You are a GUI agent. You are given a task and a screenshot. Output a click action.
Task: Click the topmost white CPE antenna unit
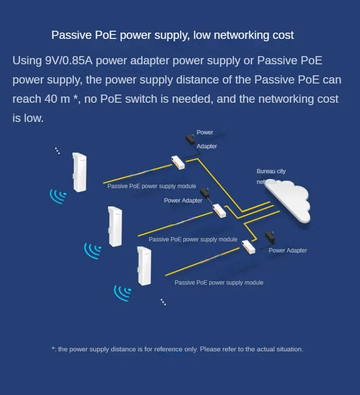79,172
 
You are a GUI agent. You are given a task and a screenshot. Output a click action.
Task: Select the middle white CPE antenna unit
115,226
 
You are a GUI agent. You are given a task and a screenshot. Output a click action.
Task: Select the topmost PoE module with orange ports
178,162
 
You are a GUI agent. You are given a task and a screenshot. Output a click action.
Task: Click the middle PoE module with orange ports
219,210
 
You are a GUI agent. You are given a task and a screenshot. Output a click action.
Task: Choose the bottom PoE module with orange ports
249,247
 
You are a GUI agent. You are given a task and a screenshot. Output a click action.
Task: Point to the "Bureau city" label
271,171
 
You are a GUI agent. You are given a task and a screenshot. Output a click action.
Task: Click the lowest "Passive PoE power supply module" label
219,283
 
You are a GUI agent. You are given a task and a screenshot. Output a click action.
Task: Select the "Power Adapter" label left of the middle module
183,201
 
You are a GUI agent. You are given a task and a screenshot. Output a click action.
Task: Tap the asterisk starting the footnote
53,349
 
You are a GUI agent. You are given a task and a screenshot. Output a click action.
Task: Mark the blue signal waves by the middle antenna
93,250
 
